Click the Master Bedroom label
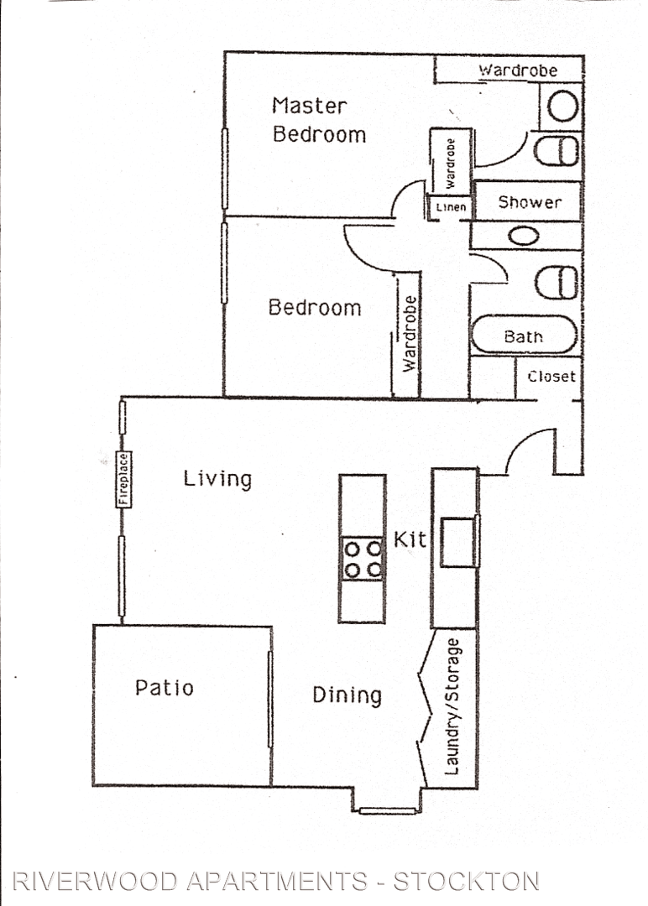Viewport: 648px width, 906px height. pos(319,120)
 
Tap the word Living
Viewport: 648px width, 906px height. pos(217,479)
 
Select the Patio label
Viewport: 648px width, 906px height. pos(165,688)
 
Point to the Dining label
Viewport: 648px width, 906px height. pos(347,695)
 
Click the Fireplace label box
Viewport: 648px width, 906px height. pos(123,480)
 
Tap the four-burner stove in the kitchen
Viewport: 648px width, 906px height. pos(363,560)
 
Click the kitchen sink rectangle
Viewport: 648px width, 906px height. pos(458,542)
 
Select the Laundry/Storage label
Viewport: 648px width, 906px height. pos(452,706)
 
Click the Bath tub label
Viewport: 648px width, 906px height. pos(523,336)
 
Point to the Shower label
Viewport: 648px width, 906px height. pos(530,201)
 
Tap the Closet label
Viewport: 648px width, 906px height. pos(551,376)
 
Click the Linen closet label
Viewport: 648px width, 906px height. pos(451,207)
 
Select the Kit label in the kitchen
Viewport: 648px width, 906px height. pos(410,539)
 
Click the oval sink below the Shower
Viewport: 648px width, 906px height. pos(524,235)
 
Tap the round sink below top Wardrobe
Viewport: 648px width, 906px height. pos(562,107)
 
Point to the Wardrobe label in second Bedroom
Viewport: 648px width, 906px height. pos(410,333)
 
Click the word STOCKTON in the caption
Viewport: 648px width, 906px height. pos(466,881)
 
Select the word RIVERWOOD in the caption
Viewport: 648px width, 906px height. pos(96,881)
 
